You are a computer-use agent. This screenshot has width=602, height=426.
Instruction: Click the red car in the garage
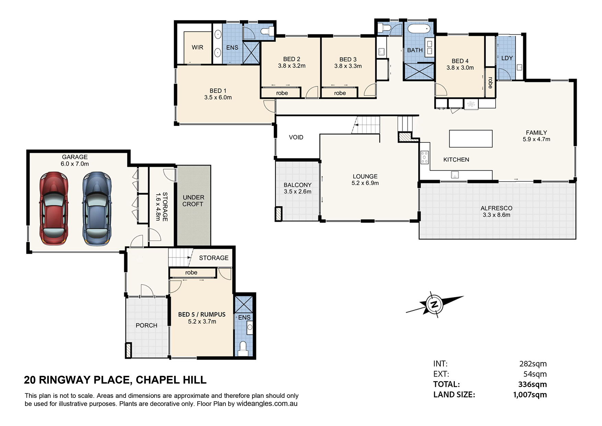(54, 208)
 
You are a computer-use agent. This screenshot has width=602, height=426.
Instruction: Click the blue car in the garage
(97, 208)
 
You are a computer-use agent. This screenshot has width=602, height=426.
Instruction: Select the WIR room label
(197, 47)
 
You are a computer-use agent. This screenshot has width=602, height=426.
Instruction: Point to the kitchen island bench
(471, 139)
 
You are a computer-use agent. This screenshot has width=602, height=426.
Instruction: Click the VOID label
(296, 137)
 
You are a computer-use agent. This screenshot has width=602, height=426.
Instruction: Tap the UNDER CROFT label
(193, 201)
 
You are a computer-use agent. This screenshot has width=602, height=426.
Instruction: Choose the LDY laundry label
(507, 58)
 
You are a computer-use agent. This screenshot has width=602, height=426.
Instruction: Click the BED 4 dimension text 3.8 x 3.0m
(460, 68)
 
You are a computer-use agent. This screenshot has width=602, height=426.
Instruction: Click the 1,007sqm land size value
(530, 395)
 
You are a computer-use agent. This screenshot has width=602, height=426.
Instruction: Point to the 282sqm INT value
(533, 364)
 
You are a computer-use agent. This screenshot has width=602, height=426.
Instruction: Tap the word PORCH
(147, 325)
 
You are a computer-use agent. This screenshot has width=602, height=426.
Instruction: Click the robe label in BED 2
(282, 93)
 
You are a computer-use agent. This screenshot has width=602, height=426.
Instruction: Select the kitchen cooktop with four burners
(425, 157)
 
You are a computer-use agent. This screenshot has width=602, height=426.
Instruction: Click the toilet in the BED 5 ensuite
(243, 348)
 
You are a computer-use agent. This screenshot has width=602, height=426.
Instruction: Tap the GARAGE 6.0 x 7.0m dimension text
(75, 164)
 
